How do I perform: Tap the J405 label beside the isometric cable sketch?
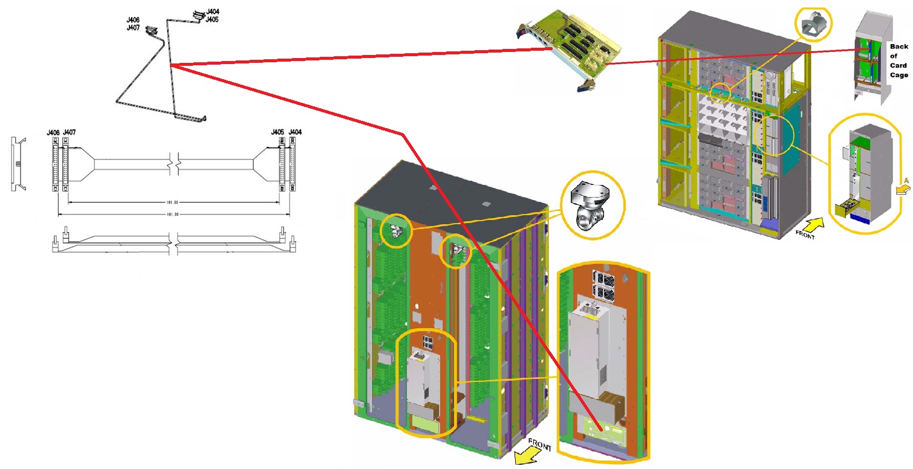[212, 19]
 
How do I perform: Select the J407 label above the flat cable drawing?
[69, 132]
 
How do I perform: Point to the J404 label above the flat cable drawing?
[295, 132]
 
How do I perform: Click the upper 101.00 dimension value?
[174, 203]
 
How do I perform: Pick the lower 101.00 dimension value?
[174, 215]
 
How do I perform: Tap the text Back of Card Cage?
[898, 60]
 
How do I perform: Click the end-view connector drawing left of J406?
[18, 164]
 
